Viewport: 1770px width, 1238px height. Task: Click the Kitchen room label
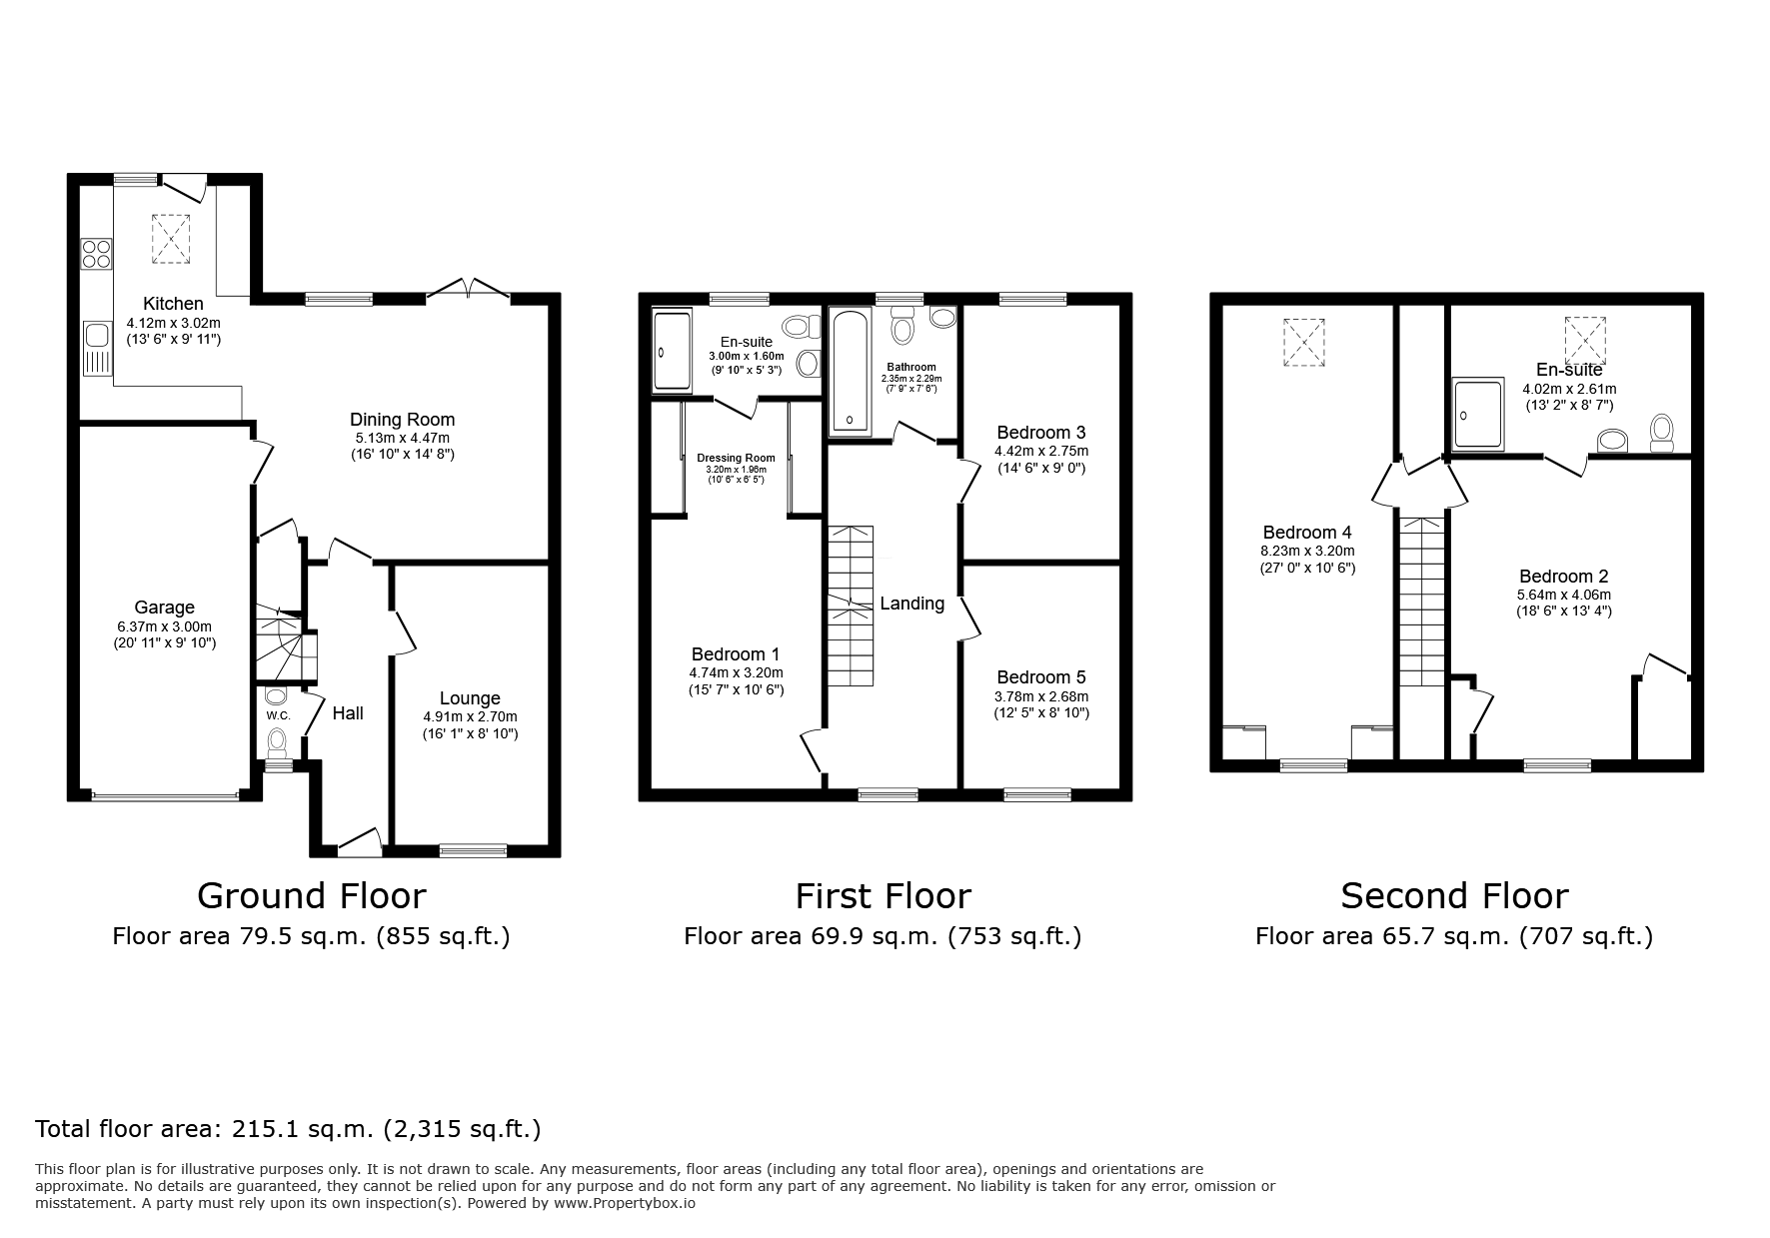(x=173, y=304)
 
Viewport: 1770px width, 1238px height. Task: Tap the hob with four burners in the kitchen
(x=96, y=254)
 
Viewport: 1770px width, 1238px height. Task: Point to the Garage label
(x=164, y=608)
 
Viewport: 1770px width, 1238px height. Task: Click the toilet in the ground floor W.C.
(x=277, y=740)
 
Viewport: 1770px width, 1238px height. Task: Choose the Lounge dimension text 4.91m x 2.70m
(x=470, y=716)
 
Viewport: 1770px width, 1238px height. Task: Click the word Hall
(x=348, y=713)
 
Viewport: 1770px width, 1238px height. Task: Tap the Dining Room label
(x=402, y=420)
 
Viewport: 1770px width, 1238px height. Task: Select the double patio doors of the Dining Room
(x=468, y=290)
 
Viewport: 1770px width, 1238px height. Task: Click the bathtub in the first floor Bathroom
(x=849, y=371)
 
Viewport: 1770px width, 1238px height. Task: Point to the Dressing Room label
(x=736, y=458)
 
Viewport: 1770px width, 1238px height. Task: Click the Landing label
(x=911, y=604)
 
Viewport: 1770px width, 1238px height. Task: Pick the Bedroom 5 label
(x=1040, y=677)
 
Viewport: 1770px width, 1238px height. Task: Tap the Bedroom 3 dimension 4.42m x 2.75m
(x=1040, y=451)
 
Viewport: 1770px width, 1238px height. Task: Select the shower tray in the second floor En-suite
(x=1477, y=413)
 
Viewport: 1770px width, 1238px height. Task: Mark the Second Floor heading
(x=1453, y=896)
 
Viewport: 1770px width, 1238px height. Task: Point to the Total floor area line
(x=288, y=1129)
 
